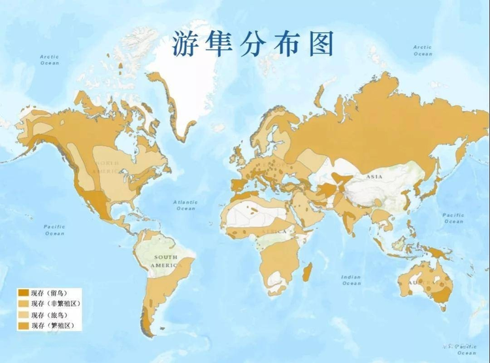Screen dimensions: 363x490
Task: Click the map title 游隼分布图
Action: tap(253, 43)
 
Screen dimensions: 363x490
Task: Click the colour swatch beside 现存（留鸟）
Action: tap(23, 293)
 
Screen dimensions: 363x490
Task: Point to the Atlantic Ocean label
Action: tap(185, 205)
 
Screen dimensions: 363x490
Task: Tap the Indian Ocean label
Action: tap(351, 280)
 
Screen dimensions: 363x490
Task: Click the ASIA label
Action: tap(374, 177)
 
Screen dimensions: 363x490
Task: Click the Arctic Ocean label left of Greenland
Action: tap(50, 60)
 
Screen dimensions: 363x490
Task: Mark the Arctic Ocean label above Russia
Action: tap(422, 50)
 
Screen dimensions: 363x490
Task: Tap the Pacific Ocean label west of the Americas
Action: tap(54, 229)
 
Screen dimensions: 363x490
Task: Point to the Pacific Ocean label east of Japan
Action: tap(453, 218)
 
